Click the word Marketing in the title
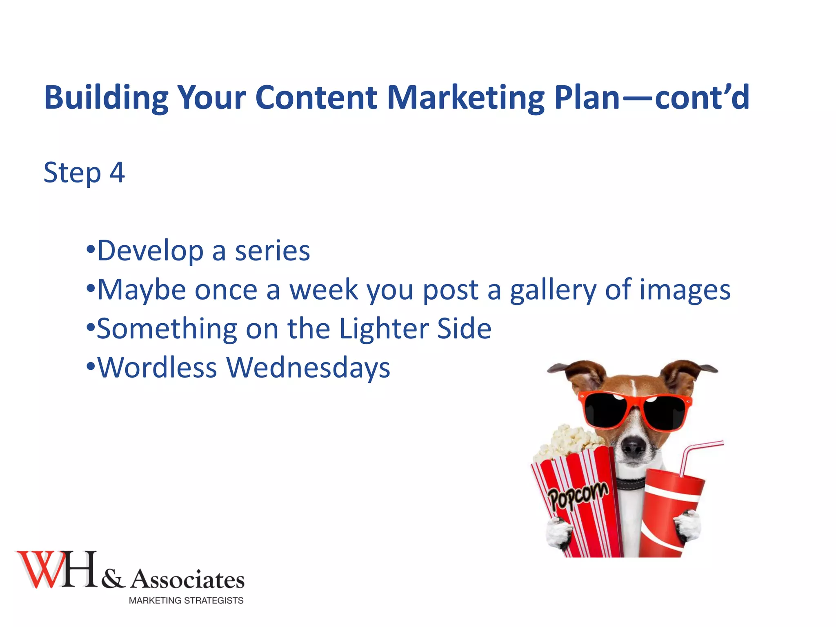point(465,98)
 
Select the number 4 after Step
point(117,173)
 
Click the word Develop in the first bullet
point(150,251)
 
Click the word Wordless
point(157,367)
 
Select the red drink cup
point(669,510)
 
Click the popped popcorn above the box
point(569,443)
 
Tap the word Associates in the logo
point(187,580)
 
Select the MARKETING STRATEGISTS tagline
point(186,600)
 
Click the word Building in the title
point(106,98)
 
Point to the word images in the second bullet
point(685,290)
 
